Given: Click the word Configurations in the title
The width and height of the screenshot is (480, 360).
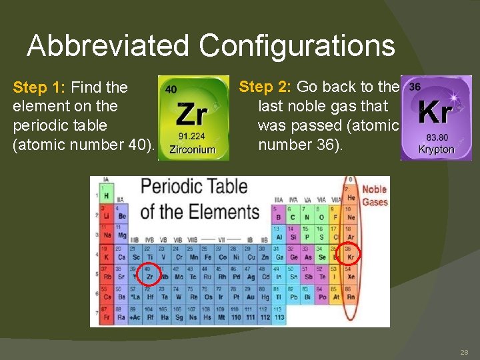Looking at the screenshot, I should (x=297, y=47).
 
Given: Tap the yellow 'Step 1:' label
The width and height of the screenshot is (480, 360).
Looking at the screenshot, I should (x=39, y=87).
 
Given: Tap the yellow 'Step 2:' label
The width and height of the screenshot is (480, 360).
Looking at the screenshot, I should (x=265, y=87).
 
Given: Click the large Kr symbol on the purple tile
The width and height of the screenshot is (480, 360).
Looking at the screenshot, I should (x=436, y=113).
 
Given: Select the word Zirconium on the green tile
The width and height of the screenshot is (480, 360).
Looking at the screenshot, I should (x=192, y=149).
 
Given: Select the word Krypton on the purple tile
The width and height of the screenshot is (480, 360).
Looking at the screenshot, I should (x=436, y=149).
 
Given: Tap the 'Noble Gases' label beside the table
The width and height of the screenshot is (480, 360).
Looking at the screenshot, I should (x=374, y=196).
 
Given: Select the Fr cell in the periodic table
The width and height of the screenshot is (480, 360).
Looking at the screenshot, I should (x=105, y=317).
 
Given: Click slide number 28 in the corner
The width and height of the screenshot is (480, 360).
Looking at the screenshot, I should (x=463, y=352).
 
